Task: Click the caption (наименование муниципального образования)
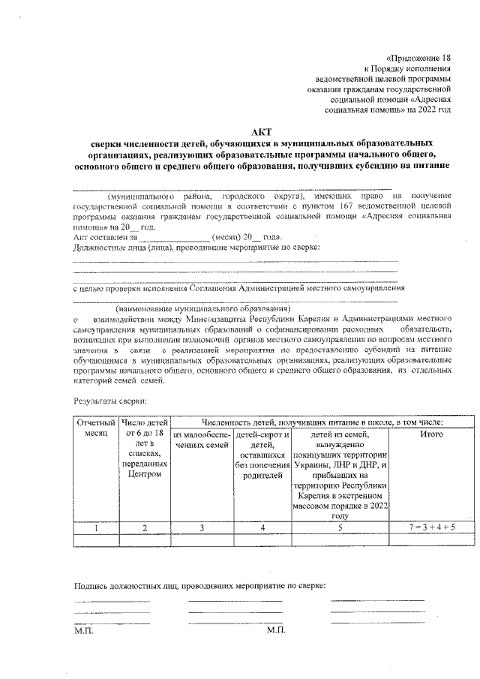[202, 308]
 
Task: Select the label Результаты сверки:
[104, 403]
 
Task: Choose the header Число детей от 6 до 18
[144, 428]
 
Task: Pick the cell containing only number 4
[262, 527]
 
